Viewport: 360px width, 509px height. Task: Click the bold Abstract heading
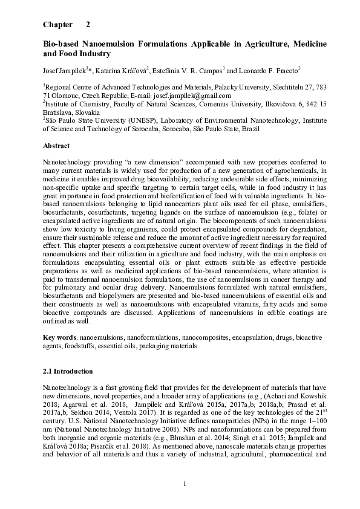56,146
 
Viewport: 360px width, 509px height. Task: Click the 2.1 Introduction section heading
68,371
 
